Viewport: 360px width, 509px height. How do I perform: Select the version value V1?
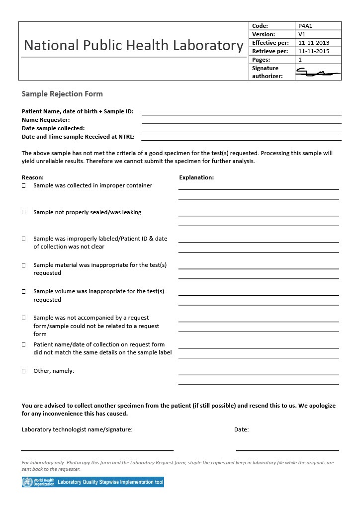pyautogui.click(x=302, y=34)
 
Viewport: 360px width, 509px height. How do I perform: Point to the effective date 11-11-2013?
pyautogui.click(x=313, y=43)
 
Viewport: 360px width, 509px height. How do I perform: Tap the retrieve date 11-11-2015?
pyautogui.click(x=313, y=51)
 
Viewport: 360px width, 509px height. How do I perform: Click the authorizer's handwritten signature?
pyautogui.click(x=317, y=74)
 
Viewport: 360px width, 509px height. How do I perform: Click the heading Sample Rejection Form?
pyautogui.click(x=62, y=94)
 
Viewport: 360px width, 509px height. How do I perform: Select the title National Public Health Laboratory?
pyautogui.click(x=133, y=46)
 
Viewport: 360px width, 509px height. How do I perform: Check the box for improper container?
pyautogui.click(x=24, y=186)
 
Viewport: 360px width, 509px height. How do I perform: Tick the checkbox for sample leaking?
pyautogui.click(x=24, y=212)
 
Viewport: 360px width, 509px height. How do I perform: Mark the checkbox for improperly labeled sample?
pyautogui.click(x=24, y=239)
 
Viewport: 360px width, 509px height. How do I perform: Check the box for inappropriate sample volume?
pyautogui.click(x=24, y=291)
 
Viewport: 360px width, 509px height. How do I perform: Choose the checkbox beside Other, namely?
pyautogui.click(x=24, y=371)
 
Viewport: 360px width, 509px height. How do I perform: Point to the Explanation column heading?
pyautogui.click(x=196, y=177)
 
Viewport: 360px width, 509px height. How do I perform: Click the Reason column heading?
pyautogui.click(x=33, y=177)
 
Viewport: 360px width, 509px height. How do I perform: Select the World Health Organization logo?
pyautogui.click(x=38, y=482)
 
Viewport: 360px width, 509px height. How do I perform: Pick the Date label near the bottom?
pyautogui.click(x=242, y=429)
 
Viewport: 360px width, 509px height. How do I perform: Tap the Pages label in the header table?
pyautogui.click(x=261, y=60)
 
